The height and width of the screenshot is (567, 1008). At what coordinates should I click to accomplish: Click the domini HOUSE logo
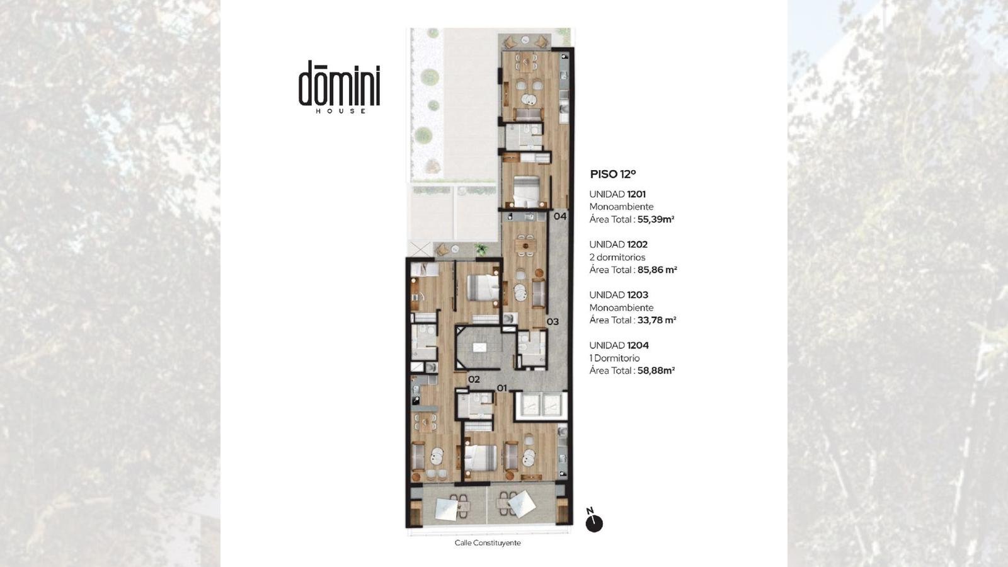340,87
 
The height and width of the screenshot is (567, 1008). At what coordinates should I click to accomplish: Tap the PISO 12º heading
613,174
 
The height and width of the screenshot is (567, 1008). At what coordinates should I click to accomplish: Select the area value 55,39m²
656,220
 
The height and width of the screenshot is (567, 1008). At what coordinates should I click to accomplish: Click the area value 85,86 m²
658,270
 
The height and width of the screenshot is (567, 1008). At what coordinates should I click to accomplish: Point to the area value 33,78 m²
657,321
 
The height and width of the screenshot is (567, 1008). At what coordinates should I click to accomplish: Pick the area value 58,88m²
656,371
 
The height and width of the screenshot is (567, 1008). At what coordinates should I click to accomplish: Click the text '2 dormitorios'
617,258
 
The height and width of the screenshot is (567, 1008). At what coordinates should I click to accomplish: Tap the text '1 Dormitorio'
615,358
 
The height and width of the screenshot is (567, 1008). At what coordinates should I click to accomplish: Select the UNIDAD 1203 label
619,295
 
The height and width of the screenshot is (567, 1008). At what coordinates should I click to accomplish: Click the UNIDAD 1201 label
617,195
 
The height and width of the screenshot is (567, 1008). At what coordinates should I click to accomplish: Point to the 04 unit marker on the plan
560,217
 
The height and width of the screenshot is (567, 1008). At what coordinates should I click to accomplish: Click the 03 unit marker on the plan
553,322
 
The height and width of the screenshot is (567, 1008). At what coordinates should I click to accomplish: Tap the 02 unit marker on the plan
474,379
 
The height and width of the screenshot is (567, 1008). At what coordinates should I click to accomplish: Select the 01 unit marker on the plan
501,388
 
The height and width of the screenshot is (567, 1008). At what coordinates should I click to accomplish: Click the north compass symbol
593,520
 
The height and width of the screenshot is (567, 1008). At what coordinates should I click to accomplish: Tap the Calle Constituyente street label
488,543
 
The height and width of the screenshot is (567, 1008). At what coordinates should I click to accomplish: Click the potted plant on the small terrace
481,249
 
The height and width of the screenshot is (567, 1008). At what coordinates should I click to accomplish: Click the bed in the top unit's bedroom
527,192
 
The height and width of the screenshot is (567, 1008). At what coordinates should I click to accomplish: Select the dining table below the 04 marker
525,246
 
